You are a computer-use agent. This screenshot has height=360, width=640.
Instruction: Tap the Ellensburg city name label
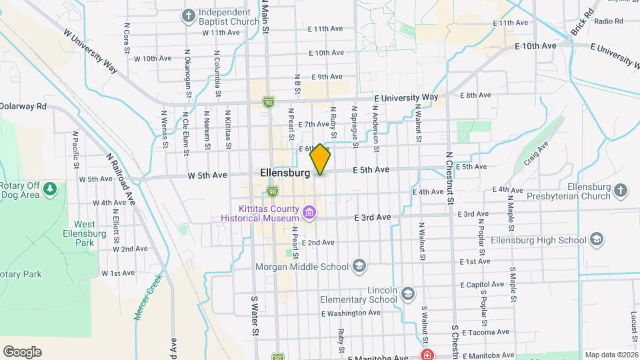(285, 173)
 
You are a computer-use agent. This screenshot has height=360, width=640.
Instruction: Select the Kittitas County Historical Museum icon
(309, 213)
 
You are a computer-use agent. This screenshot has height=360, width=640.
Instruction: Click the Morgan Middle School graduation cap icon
(359, 267)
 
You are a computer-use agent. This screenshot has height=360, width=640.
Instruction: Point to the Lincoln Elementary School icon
(407, 292)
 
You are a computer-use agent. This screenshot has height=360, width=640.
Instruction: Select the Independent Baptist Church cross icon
(189, 16)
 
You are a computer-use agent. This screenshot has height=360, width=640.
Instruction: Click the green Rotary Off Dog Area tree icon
(49, 190)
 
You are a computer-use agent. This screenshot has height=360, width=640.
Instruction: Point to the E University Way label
(406, 97)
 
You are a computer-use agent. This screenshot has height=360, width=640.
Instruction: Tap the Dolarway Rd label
(24, 106)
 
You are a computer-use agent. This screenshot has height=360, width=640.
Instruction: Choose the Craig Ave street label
(535, 153)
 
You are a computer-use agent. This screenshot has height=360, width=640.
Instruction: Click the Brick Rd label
(582, 23)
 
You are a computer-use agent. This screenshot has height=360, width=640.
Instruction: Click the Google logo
(22, 352)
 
